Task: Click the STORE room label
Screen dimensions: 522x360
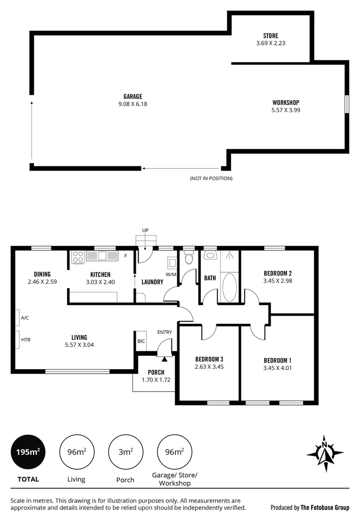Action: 271,36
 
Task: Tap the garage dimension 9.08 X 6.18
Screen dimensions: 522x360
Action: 132,103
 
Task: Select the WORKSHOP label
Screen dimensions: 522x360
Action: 286,102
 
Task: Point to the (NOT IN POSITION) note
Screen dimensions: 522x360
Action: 211,178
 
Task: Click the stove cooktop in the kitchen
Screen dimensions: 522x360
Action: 78,256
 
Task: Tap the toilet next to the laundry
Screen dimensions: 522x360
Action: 189,259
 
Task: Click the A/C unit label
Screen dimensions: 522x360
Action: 25,318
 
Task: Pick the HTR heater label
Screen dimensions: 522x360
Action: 26,340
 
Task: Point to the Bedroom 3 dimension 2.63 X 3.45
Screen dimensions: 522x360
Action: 209,367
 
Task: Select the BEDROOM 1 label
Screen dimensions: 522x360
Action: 277,360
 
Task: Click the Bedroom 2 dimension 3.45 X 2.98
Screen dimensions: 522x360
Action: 277,280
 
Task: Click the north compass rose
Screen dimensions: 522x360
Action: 325,453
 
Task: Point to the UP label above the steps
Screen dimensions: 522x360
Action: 145,230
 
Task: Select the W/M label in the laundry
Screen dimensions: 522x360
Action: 171,275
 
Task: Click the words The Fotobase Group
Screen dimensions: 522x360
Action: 325,507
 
